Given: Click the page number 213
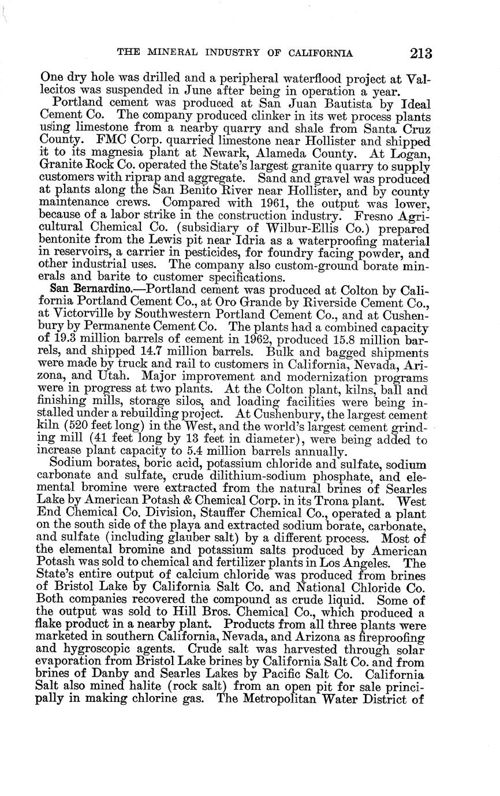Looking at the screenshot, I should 421,54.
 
